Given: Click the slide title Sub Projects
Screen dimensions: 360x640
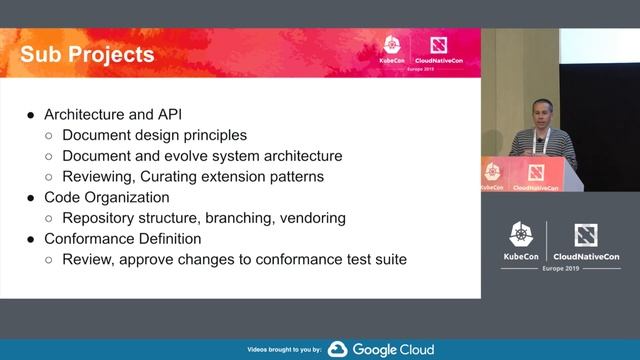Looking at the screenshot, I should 88,53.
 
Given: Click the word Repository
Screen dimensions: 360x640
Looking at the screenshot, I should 100,217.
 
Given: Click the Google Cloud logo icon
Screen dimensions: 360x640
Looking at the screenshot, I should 337,349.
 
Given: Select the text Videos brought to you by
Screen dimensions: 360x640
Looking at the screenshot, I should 283,350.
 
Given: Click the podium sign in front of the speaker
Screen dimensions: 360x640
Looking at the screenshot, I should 530,174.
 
